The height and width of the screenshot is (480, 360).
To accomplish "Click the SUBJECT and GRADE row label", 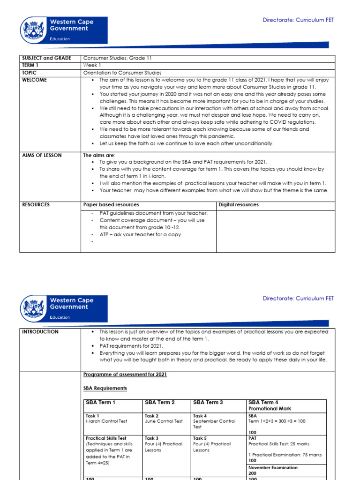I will pos(47,58).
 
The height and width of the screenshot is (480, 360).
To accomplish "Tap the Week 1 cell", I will pos(91,66).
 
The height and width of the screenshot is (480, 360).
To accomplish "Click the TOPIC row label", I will pos(30,73).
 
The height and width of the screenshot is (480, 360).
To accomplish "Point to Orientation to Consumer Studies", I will pos(122,73).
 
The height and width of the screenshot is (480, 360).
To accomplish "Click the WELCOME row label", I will pos(35,80).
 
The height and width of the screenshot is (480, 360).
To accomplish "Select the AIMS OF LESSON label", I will pos(42,155).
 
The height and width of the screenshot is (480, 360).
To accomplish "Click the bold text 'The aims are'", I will pos(98,155).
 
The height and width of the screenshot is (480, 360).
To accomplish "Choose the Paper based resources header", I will pos(111,205).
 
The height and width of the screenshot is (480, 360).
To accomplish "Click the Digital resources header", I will pos(239,205).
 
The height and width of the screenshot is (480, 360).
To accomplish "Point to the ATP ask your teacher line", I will pos(141,234).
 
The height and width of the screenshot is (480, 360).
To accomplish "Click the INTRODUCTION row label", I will pos(40,332).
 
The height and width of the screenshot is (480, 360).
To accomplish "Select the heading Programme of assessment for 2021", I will pos(125,375).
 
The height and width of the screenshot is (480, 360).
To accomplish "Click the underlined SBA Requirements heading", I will pos(105,389).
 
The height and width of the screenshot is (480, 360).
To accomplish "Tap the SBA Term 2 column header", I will pos(160,403).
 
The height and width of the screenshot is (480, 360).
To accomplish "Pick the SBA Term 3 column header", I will pos(208,403).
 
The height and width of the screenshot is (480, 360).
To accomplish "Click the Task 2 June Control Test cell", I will pos(164,419).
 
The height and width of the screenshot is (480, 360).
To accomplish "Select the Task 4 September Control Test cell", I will pos(211,421).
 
